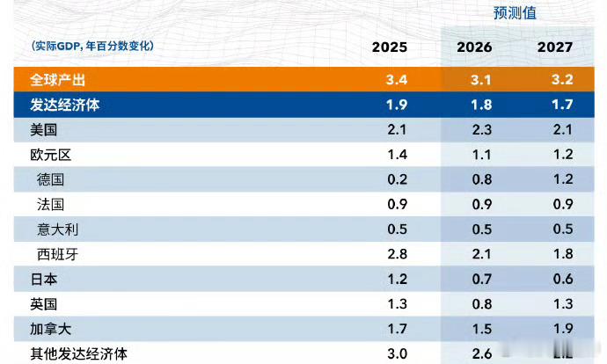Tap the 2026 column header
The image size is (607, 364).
tap(475, 47)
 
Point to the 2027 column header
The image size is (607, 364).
tap(554, 47)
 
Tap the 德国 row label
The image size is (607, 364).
tap(51, 179)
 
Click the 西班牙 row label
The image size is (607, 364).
tap(57, 254)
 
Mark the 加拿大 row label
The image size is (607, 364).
tap(50, 329)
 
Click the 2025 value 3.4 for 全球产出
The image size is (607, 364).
tap(396, 80)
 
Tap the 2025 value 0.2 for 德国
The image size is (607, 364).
tap(396, 179)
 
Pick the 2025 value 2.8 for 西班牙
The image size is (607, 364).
tap(396, 254)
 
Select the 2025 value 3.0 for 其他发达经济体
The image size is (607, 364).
tap(396, 353)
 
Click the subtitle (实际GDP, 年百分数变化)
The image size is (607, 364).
tap(91, 46)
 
